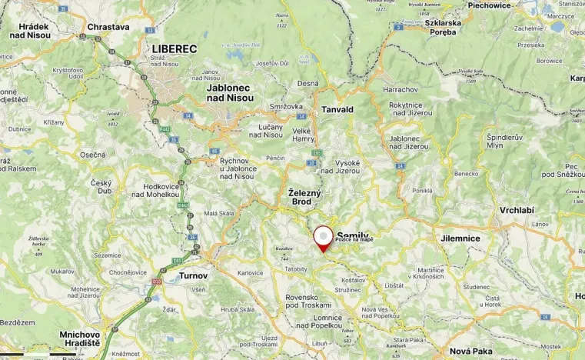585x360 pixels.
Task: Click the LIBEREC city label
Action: (169, 48)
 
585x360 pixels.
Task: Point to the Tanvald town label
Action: (337, 109)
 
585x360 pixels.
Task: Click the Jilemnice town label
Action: (460, 238)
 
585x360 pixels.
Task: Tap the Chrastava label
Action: (108, 26)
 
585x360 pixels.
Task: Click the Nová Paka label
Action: (471, 350)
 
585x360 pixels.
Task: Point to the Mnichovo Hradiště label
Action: (80, 339)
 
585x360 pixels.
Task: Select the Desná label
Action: (307, 83)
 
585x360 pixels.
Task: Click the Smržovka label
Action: (285, 106)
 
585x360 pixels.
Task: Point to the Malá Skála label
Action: (219, 214)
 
